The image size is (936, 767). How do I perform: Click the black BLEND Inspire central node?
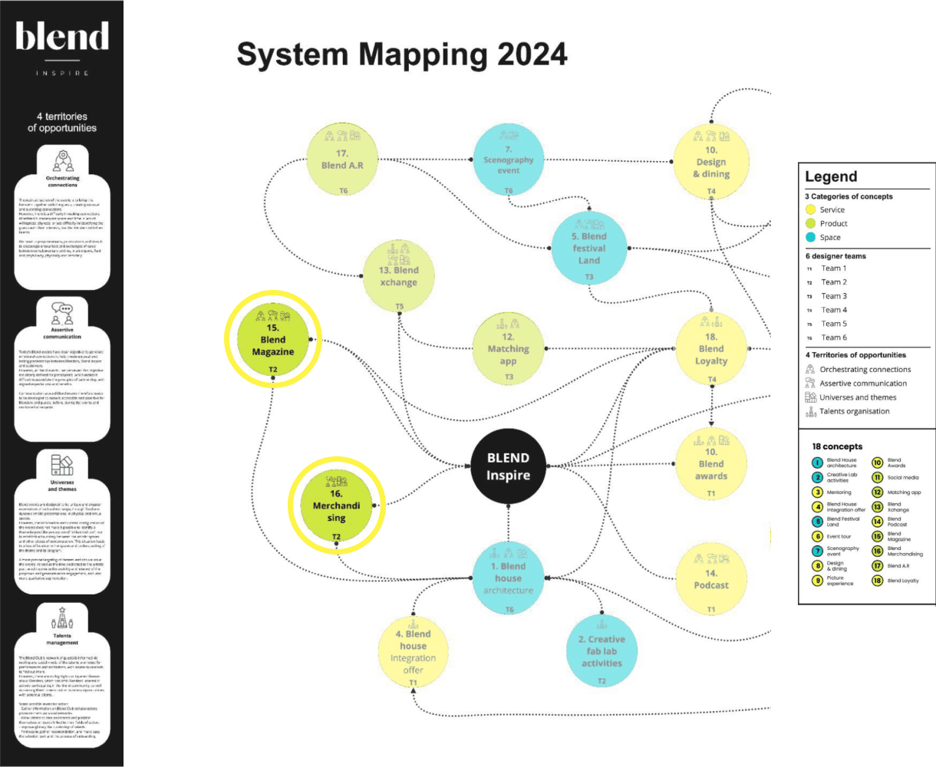508,466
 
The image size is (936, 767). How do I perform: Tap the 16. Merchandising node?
336,505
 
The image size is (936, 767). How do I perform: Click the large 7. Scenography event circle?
508,160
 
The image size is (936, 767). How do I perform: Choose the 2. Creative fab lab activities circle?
601,650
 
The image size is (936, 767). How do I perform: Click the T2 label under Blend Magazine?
272,370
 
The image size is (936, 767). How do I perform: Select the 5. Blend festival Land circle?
588,248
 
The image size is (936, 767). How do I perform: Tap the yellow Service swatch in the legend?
811,209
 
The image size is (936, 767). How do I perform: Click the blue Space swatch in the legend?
811,237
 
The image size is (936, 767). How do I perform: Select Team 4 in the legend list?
833,310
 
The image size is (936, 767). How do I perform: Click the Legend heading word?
831,177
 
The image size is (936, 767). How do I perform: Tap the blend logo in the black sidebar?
62,37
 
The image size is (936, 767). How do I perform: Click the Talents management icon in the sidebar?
62,617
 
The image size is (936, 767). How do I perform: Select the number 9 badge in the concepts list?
818,580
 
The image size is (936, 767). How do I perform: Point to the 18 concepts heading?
837,446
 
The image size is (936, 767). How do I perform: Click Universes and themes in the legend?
857,397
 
